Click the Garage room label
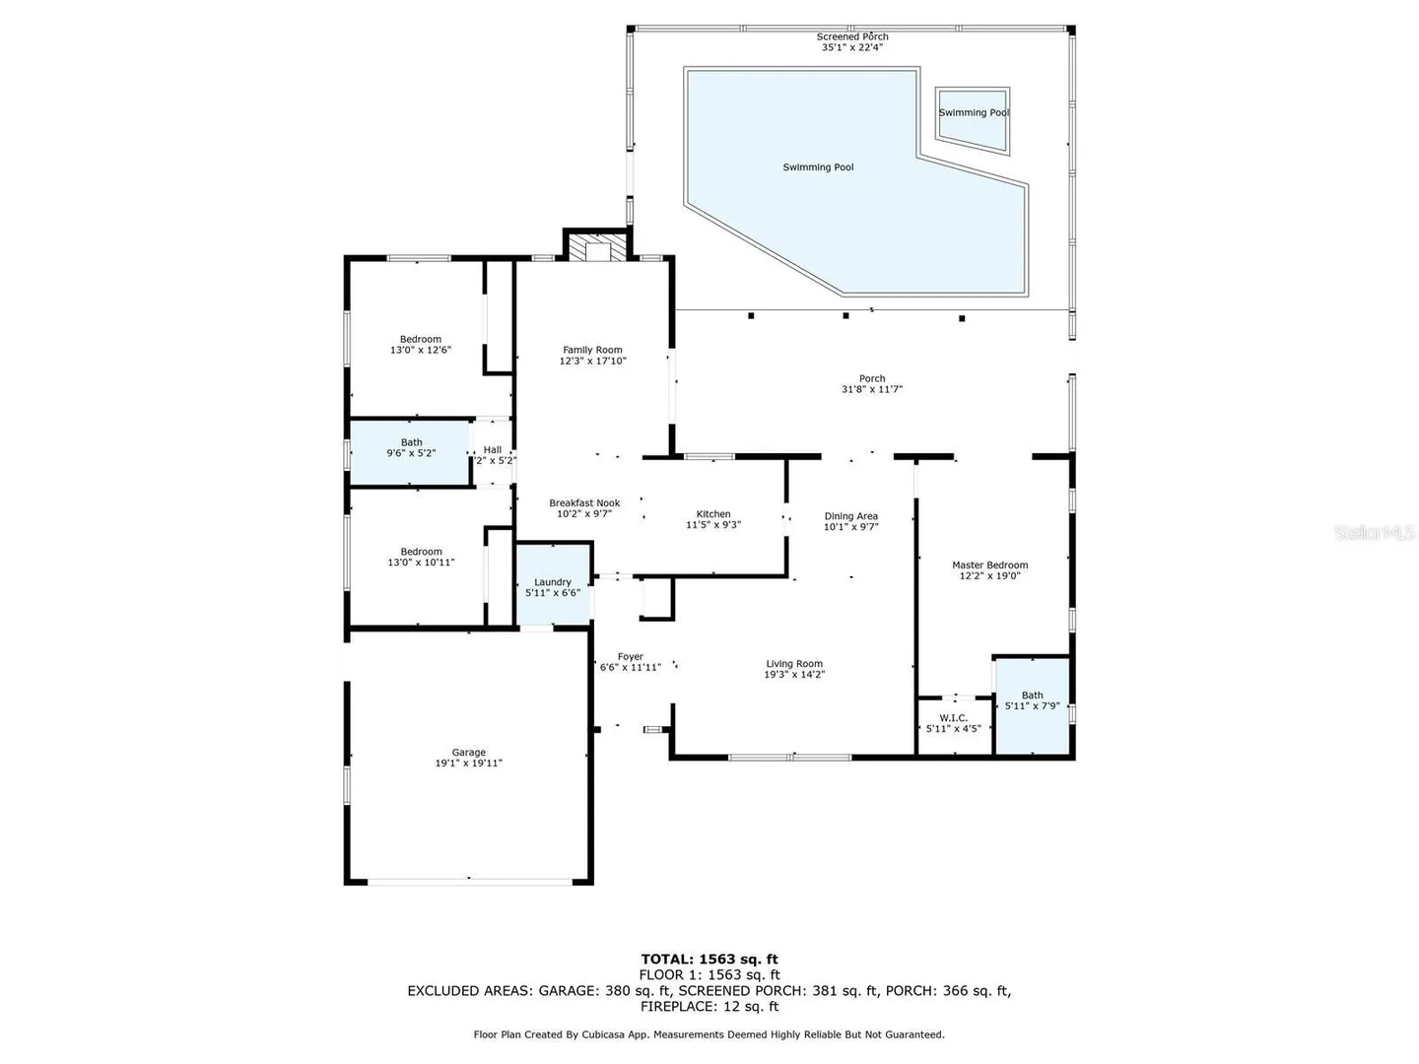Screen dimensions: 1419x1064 coord(468,752)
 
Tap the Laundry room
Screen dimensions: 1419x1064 coord(553,584)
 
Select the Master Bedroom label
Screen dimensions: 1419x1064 coord(989,565)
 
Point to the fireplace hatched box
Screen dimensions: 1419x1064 coord(597,247)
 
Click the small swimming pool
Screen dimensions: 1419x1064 coord(972,121)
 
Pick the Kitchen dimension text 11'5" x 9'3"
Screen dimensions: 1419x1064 coord(713,524)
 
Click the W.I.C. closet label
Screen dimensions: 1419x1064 coord(953,718)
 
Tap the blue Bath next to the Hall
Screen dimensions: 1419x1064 coord(410,452)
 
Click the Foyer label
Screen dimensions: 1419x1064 coord(630,656)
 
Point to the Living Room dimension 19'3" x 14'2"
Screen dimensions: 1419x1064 coord(794,674)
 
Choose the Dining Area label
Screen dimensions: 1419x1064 coord(850,515)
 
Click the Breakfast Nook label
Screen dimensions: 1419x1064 coord(584,502)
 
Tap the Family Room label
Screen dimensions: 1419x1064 coord(592,350)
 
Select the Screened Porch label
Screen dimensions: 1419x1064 coord(852,36)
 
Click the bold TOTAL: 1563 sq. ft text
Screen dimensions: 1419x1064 coord(709,959)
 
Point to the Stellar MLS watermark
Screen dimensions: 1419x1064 coord(1375,532)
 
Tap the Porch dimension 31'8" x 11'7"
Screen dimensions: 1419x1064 coord(871,389)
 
